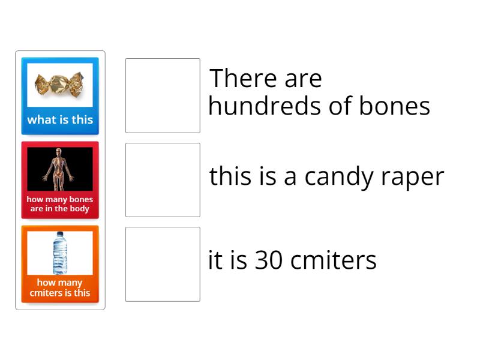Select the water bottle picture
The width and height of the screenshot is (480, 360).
point(60,253)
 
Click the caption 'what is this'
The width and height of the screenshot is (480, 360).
point(60,119)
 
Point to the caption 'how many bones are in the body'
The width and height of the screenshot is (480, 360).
point(60,204)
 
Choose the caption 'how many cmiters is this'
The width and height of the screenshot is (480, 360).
point(60,287)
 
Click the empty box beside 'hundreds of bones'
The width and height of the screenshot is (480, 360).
point(163,95)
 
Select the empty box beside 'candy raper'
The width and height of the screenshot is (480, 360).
point(163,180)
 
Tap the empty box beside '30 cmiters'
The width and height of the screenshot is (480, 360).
point(163,264)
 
